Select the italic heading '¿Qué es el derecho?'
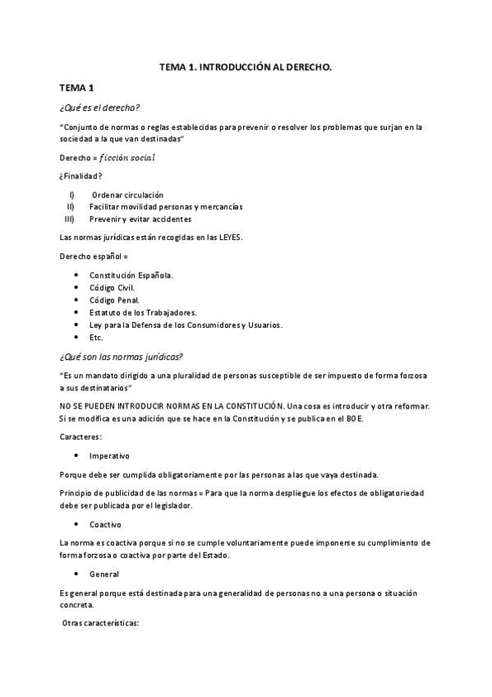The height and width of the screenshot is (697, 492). coord(99,108)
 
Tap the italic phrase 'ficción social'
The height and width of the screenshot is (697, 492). coord(122,157)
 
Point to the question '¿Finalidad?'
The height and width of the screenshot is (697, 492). coord(80,176)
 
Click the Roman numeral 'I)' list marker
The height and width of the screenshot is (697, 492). coord(72,195)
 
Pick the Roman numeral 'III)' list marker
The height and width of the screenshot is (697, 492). coord(69,219)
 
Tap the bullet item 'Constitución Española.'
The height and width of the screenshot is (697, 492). coord(131,275)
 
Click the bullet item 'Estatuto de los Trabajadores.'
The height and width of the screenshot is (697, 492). coord(143,312)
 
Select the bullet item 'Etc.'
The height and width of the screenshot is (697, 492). coord(96,337)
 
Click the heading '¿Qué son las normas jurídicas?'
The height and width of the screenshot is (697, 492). coord(121,356)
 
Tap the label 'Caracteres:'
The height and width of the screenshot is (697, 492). coord(80,437)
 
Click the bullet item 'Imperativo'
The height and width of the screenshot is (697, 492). coord(109,455)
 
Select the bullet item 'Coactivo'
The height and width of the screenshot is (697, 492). coord(105,524)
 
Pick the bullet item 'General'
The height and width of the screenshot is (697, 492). coord(104,575)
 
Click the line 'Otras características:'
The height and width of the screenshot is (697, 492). coord(101,624)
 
